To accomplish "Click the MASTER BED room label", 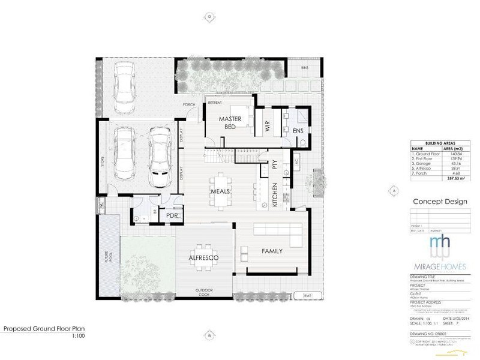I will pyautogui.click(x=230, y=122).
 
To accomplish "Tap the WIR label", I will pyautogui.click(x=267, y=126).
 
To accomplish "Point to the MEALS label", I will pyautogui.click(x=221, y=191).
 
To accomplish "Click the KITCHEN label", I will pyautogui.click(x=275, y=196).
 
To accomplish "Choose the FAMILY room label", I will pyautogui.click(x=271, y=251).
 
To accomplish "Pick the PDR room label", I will pyautogui.click(x=171, y=215).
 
